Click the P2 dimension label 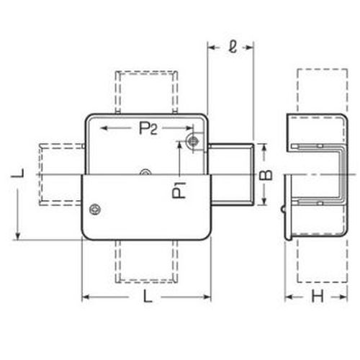pos(148,128)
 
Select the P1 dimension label pos(179,190)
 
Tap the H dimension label pos(317,297)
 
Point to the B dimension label pos(266,174)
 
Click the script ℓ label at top pos(232,47)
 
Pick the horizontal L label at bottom pos(148,296)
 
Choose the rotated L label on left pos(18,173)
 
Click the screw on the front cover pos(95,210)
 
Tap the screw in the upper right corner pos(193,141)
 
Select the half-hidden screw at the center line pos(145,172)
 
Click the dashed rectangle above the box pos(146,92)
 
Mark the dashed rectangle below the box pos(146,261)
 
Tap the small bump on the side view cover pos(283,209)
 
